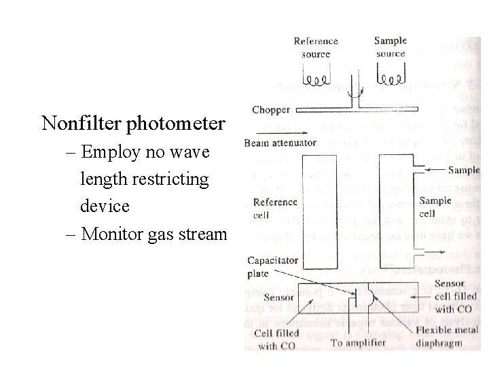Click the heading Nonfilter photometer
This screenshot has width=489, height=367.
pos(133,124)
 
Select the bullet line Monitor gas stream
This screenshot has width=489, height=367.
pos(153,234)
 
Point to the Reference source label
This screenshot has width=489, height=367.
pos(316,47)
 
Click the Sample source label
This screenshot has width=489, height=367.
pos(391,46)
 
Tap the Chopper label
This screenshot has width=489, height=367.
pos(270,109)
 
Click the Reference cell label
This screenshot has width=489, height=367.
pos(275,208)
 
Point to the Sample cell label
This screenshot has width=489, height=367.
pos(435,207)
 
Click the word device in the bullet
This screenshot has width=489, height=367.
pos(103,205)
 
